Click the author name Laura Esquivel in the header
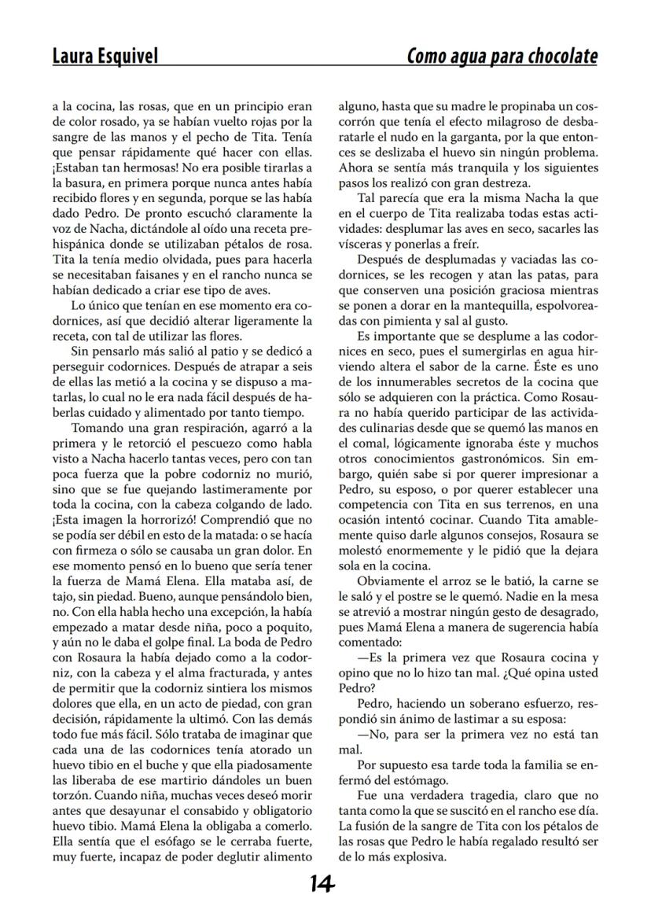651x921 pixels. [x=105, y=56]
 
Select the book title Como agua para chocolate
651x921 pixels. [x=502, y=56]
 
